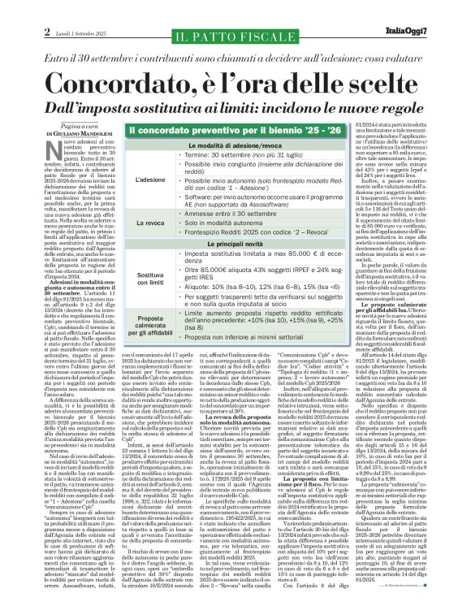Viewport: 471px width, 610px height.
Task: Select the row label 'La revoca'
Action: pyautogui.click(x=150, y=222)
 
